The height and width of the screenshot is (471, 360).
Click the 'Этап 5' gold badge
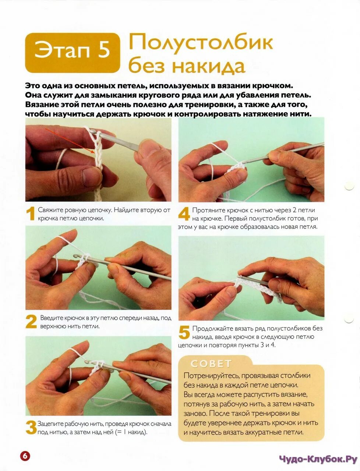click(x=73, y=53)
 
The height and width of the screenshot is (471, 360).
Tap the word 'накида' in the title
click(x=209, y=66)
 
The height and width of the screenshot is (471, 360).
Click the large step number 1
click(x=31, y=214)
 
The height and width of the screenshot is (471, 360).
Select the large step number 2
click(x=31, y=322)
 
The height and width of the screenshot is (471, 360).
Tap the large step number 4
click(x=184, y=214)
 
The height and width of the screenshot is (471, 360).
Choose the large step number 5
click(x=184, y=332)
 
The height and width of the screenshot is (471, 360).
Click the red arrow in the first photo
click(x=70, y=140)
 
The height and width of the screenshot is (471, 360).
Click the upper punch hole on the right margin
click(x=349, y=185)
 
